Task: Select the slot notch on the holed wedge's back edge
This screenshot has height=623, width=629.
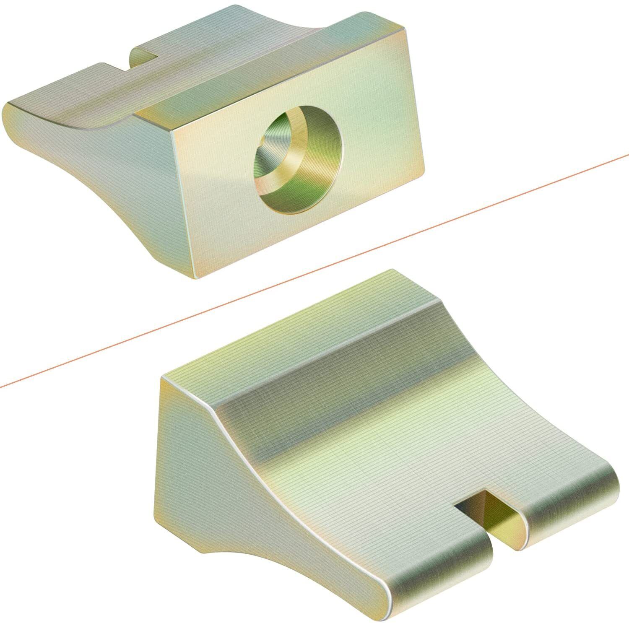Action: (x=145, y=57)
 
